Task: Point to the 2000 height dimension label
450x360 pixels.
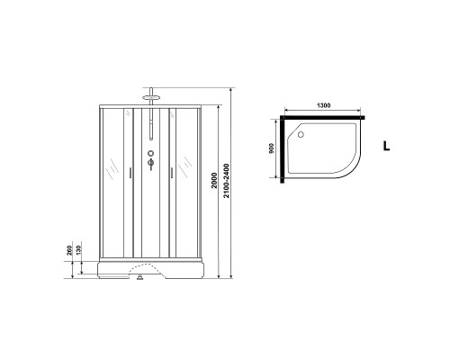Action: click(x=213, y=179)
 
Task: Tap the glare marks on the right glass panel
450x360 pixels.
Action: click(x=185, y=166)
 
